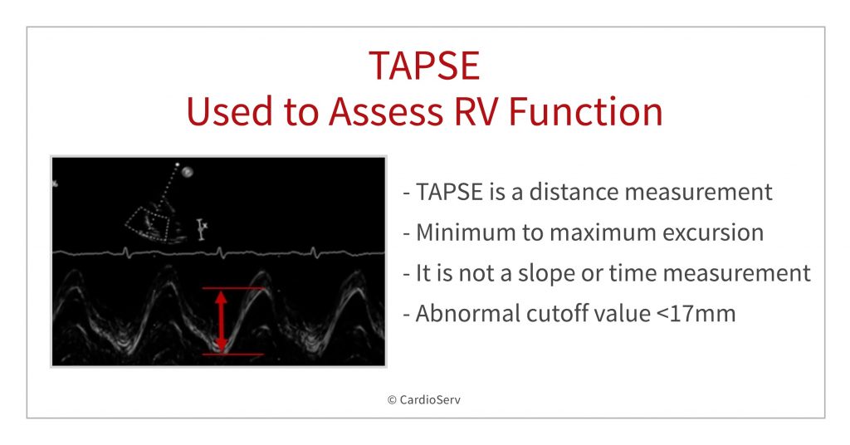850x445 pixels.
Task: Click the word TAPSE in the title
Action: pos(424,66)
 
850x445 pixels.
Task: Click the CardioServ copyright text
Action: pos(424,399)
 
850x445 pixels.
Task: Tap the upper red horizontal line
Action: pos(232,289)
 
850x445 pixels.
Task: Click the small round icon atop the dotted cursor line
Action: pos(188,172)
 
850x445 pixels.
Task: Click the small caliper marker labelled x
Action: pos(201,227)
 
